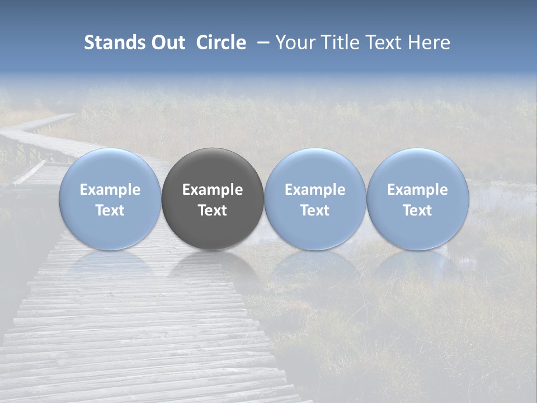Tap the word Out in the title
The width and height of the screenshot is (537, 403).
pos(168,43)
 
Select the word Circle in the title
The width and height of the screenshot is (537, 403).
pos(221,43)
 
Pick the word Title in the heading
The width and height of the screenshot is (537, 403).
pos(342,43)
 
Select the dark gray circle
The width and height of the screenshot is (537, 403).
pos(213,199)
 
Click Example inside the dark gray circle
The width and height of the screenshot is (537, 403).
pos(213,190)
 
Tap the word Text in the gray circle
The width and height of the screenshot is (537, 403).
pos(213,210)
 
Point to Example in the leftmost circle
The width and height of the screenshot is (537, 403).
pos(110,190)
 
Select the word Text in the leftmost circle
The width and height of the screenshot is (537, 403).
pos(110,210)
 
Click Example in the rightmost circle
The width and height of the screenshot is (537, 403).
pos(418,190)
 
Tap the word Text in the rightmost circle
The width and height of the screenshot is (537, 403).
pos(418,210)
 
